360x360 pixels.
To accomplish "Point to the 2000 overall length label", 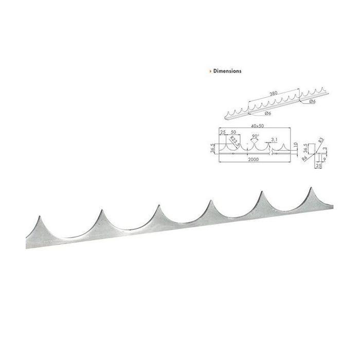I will (254, 160).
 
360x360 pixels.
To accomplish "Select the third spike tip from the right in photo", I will (210, 201).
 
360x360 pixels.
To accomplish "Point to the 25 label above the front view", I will (223, 132).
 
